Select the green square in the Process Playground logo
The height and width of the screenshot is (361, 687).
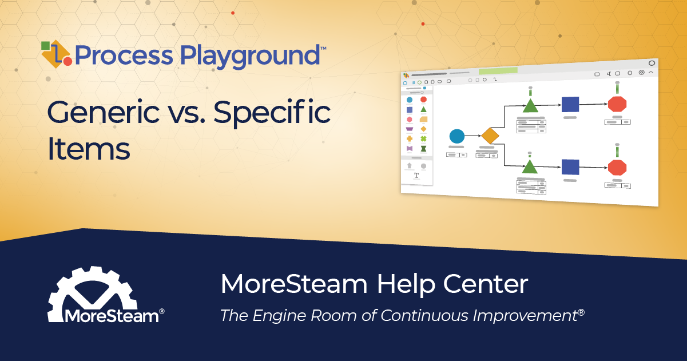coord(46,46)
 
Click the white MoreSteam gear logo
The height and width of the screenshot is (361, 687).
coord(92,295)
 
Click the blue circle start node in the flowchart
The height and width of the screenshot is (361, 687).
coord(456,136)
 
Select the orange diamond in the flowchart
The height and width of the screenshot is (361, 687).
coord(490,136)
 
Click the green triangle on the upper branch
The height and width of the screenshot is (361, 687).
coord(530,106)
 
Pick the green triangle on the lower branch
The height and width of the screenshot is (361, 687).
coord(530,166)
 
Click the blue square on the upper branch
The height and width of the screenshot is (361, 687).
coord(570,104)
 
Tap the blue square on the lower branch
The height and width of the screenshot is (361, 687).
coord(570,167)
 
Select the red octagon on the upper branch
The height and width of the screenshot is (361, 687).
coord(617,104)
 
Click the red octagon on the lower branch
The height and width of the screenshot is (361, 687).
coord(617,168)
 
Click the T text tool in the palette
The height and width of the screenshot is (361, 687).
coord(416,175)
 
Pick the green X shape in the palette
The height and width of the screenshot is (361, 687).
coord(423,138)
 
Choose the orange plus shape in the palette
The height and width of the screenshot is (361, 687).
coord(410,138)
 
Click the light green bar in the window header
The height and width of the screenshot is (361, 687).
coord(498,71)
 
